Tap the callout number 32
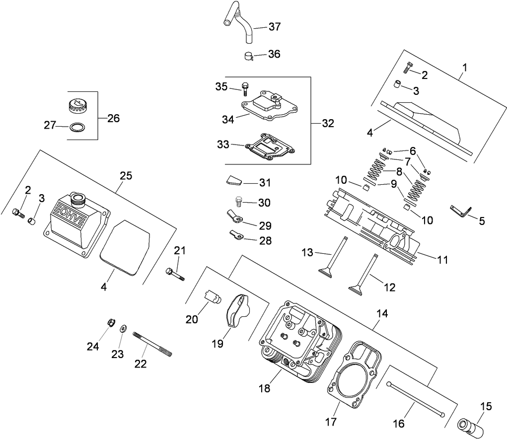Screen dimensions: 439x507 [328, 123]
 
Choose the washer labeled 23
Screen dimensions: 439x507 [124, 327]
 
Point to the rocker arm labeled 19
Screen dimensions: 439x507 [236, 310]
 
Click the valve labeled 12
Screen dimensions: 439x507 [363, 273]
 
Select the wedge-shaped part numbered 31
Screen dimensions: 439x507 [235, 180]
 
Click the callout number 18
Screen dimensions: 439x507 [264, 388]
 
